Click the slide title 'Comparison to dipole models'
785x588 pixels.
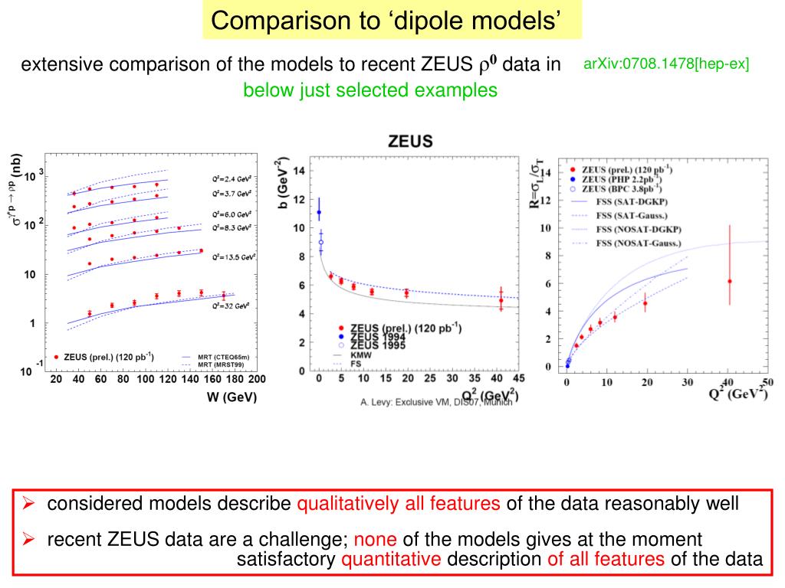tap(392, 21)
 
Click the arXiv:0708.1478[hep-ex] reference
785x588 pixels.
tap(665, 64)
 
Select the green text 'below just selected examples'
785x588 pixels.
tap(370, 90)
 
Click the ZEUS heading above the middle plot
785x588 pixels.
tap(411, 141)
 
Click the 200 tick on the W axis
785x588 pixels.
tap(256, 380)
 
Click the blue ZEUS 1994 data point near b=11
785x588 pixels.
tap(319, 212)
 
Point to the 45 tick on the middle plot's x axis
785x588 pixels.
tap(520, 378)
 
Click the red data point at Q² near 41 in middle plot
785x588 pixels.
tap(501, 300)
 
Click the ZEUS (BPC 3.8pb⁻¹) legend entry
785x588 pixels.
tap(621, 188)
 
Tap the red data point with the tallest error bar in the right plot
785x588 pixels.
tap(729, 281)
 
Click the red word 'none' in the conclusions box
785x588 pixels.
tap(374, 539)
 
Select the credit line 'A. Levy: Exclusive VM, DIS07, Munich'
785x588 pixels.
tap(435, 402)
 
